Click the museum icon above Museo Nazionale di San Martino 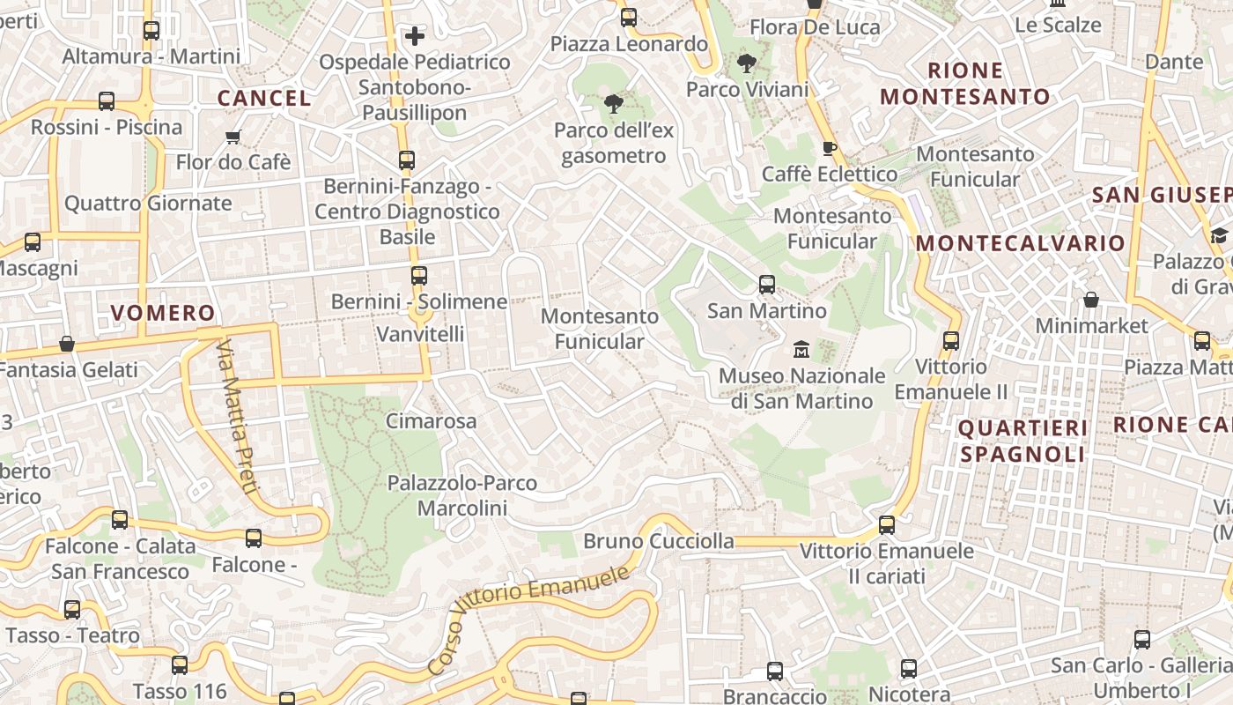click(801, 350)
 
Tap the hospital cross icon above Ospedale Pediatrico click(415, 36)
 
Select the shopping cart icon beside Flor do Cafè click(233, 137)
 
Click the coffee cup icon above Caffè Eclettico click(828, 147)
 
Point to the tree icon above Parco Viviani click(746, 63)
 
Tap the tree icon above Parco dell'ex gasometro click(613, 105)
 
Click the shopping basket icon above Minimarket click(1091, 300)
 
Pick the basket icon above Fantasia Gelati click(67, 344)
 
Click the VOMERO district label click(163, 313)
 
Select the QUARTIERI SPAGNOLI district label click(1023, 442)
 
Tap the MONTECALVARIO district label click(1021, 243)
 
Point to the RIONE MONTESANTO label click(965, 84)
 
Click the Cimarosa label click(432, 421)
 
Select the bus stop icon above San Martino click(767, 285)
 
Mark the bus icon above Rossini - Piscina click(107, 101)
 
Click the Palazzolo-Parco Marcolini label click(462, 495)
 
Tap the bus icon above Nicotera click(909, 669)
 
